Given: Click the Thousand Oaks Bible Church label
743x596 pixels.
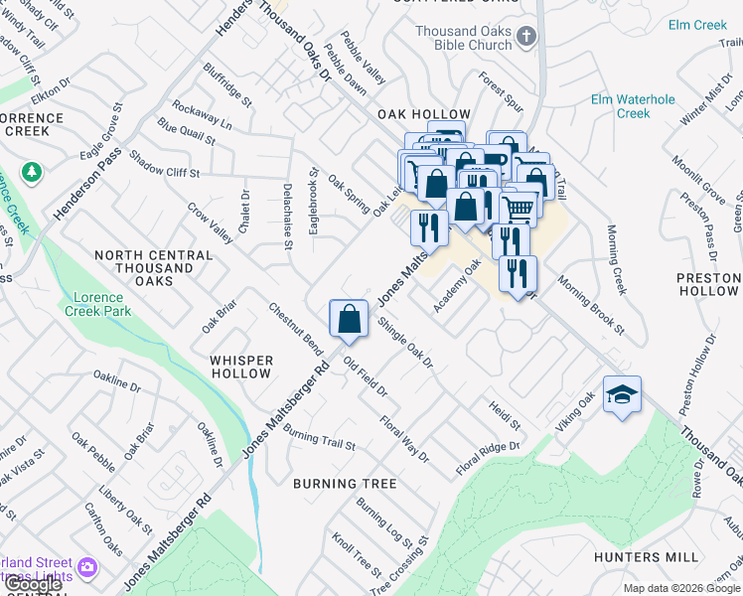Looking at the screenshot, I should pyautogui.click(x=464, y=39).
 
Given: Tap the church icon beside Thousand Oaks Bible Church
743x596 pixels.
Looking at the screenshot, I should pyautogui.click(x=527, y=38).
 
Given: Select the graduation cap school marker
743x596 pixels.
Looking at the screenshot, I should pyautogui.click(x=622, y=395).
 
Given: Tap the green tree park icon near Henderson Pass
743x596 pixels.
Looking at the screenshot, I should pyautogui.click(x=33, y=173).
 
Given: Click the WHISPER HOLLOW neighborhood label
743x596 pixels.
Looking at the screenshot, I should pyautogui.click(x=240, y=367).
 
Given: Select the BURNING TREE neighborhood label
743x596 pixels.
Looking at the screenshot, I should pyautogui.click(x=345, y=484).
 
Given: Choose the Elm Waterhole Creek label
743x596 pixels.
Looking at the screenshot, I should pyautogui.click(x=633, y=106).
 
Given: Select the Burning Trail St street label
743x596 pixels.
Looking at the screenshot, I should pyautogui.click(x=319, y=438).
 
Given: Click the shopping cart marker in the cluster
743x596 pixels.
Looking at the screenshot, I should pyautogui.click(x=519, y=209).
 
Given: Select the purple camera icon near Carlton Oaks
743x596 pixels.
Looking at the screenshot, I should pyautogui.click(x=87, y=567).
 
